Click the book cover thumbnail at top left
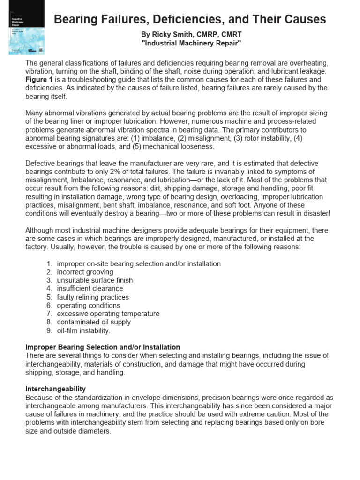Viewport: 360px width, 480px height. point(26,27)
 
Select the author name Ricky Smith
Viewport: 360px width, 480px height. point(170,34)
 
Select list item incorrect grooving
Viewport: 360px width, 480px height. point(85,272)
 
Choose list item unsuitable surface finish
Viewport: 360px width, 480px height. point(95,280)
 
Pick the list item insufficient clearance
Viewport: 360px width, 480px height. point(90,289)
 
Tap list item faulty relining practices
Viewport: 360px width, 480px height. point(93,297)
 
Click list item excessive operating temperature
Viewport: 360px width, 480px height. point(108,314)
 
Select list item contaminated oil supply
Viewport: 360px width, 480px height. point(94,322)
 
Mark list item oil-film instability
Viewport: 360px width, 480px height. point(83,330)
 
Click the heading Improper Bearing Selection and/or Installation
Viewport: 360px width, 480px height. point(102,347)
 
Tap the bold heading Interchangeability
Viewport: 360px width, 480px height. point(55,389)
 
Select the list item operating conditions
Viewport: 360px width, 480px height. point(89,306)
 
